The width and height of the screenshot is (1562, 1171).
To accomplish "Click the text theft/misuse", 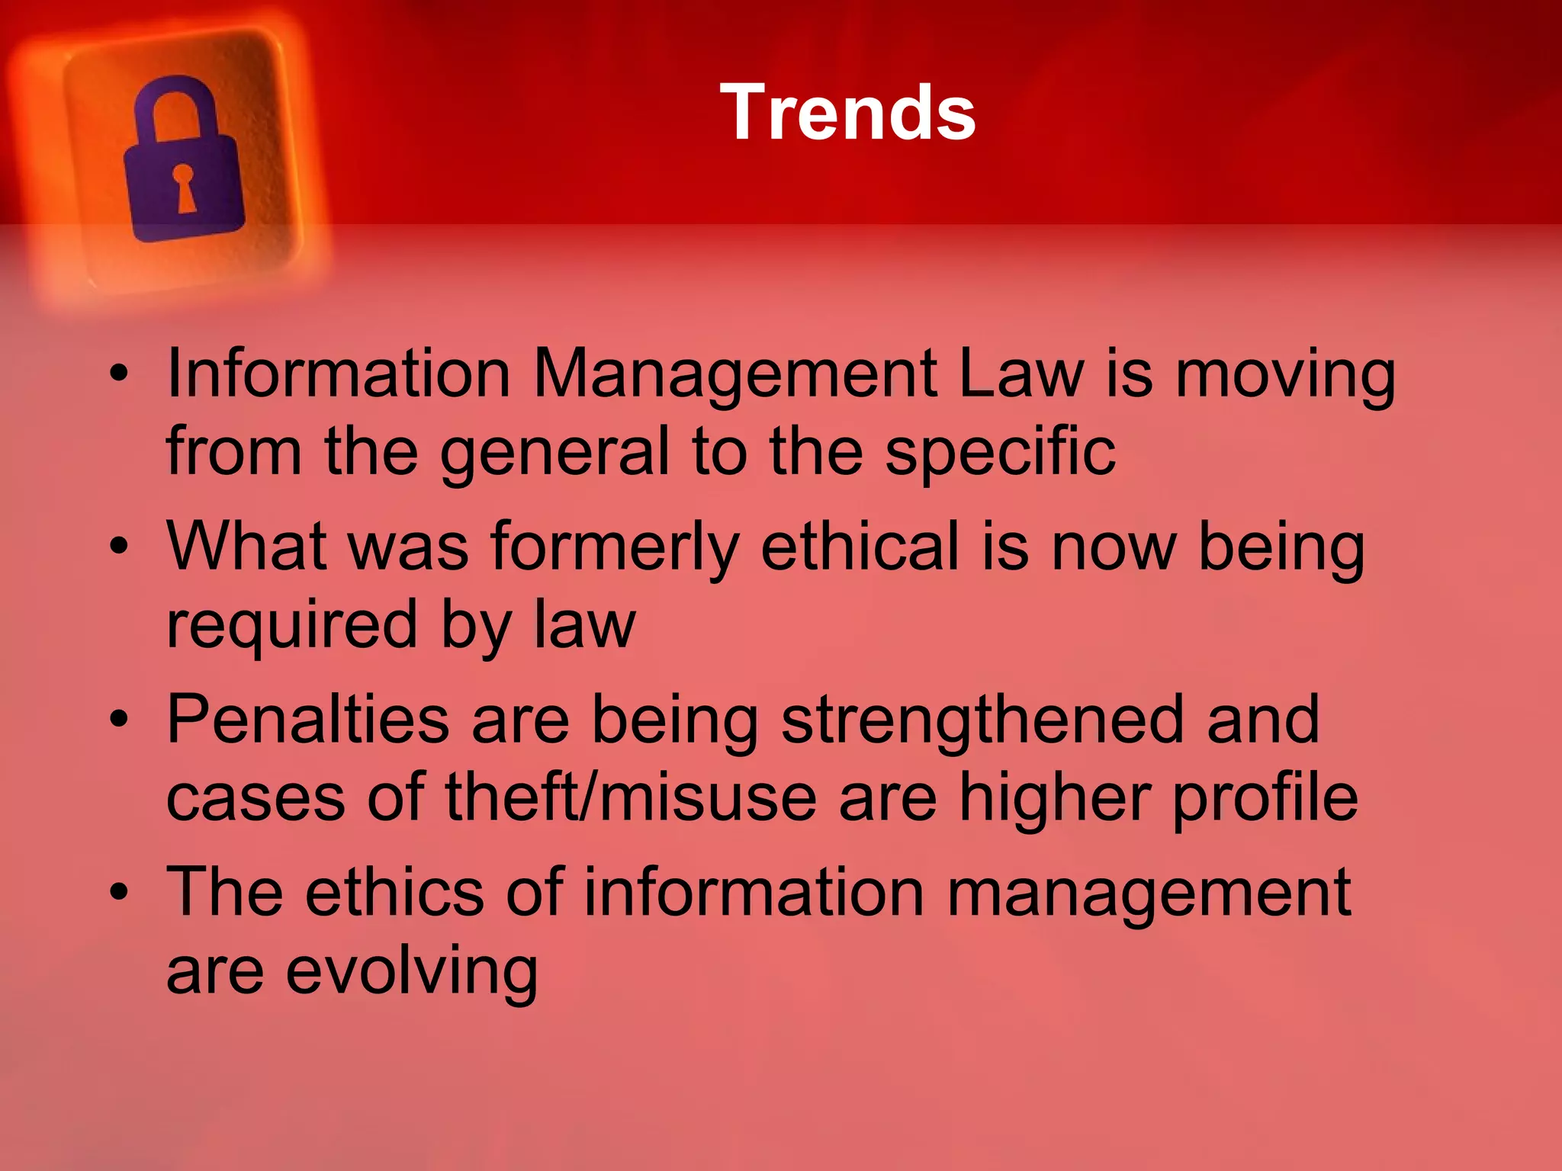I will point(630,798).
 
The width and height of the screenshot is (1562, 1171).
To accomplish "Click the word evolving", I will point(413,972).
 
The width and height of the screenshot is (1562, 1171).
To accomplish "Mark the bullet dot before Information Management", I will point(119,375).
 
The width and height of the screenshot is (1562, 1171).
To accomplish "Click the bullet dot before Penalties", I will point(119,720).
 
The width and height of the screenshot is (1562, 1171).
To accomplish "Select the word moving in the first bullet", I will point(1285,377).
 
